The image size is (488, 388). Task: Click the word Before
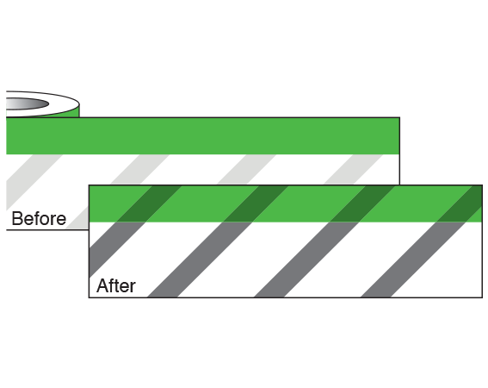39,218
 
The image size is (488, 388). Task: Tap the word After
116,285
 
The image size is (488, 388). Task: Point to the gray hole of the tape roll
28,103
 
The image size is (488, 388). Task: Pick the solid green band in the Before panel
202,136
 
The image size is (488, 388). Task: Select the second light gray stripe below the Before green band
140,169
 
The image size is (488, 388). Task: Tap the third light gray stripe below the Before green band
247,169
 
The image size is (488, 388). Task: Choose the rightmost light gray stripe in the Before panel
354,169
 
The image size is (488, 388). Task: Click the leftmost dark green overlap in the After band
149,203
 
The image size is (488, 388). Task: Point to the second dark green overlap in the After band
256,203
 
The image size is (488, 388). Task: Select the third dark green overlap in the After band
362,203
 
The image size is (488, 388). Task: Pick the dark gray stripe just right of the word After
199,260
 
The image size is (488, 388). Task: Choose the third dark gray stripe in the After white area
306,260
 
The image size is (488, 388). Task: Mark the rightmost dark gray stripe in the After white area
412,260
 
